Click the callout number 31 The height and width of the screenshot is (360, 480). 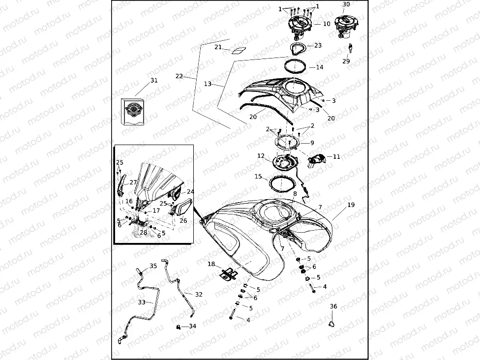point(154,80)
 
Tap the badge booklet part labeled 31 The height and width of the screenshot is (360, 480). point(133,112)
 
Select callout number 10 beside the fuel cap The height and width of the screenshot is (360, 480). point(327,24)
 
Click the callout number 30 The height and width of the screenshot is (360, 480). point(346,4)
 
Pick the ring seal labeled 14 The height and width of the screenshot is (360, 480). point(295,66)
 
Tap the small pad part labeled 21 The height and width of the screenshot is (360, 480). point(239,51)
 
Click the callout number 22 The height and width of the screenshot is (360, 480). point(179,76)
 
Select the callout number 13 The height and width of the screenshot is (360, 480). point(208,84)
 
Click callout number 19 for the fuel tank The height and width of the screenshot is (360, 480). point(351,205)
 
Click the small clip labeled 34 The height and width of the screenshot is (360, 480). point(178,327)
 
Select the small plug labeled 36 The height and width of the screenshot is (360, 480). point(331,324)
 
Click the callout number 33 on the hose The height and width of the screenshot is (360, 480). point(142,302)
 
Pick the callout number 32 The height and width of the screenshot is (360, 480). point(199,294)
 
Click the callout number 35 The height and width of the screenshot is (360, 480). point(153,266)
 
